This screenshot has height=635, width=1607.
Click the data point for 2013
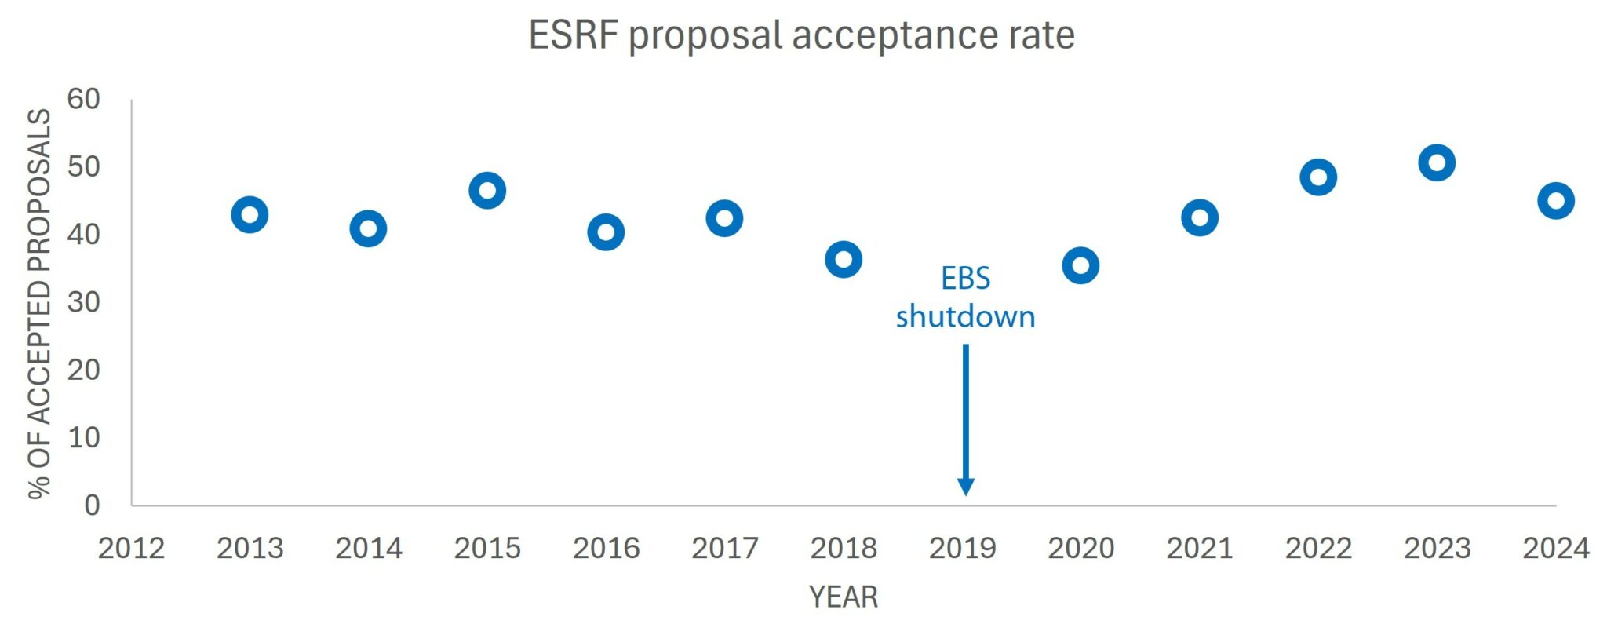pyautogui.click(x=250, y=215)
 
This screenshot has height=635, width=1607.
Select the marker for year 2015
pyautogui.click(x=487, y=191)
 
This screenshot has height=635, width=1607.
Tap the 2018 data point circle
pyautogui.click(x=844, y=260)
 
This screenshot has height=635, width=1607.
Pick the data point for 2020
pyautogui.click(x=1080, y=266)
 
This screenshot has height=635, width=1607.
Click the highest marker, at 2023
pyautogui.click(x=1437, y=163)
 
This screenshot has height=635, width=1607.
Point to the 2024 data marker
pyautogui.click(x=1556, y=201)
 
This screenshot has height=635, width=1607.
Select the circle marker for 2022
pyautogui.click(x=1318, y=177)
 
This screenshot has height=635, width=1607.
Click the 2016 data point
pyautogui.click(x=606, y=232)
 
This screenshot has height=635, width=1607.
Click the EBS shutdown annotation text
pyautogui.click(x=965, y=297)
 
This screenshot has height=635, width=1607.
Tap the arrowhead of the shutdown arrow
pyautogui.click(x=966, y=487)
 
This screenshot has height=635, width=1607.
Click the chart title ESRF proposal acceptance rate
pyautogui.click(x=801, y=35)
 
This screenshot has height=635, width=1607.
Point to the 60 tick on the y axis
pyautogui.click(x=83, y=100)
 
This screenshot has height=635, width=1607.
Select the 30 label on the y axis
pyautogui.click(x=83, y=302)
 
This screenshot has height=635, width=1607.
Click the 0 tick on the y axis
pyautogui.click(x=92, y=505)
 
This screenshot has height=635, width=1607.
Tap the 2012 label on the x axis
pyautogui.click(x=131, y=548)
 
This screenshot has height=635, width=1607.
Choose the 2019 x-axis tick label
pyautogui.click(x=962, y=548)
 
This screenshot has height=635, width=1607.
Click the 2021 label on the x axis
pyautogui.click(x=1199, y=548)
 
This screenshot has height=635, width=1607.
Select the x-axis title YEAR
pyautogui.click(x=844, y=597)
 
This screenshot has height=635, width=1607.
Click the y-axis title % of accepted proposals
pyautogui.click(x=39, y=303)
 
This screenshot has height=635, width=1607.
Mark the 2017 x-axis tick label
pyautogui.click(x=724, y=548)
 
